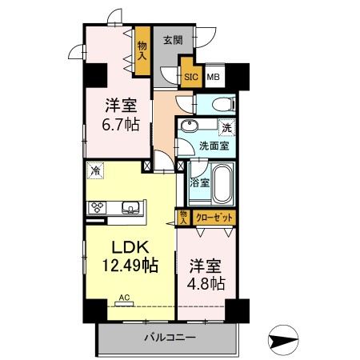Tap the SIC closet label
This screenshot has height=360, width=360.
point(191,77)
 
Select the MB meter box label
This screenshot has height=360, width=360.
point(214,77)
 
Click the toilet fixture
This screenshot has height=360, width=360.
point(220,105)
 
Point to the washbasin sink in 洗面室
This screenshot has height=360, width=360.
point(190,127)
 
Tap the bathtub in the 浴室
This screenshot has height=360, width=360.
point(221,183)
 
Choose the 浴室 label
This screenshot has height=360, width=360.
point(199,182)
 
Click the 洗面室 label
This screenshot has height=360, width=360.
point(214,146)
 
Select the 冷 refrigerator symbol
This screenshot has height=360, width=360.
point(96,170)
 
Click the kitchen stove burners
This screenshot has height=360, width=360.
point(97,207)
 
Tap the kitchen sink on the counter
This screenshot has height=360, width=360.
point(129,207)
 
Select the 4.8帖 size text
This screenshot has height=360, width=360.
point(206,283)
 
